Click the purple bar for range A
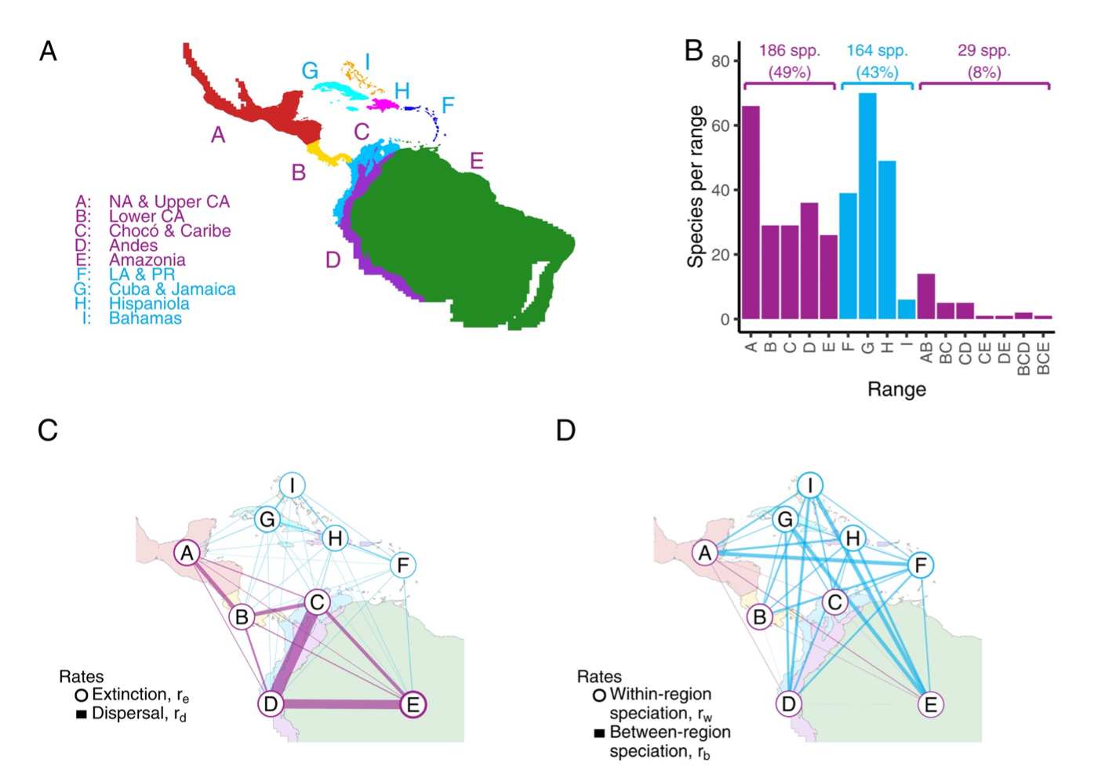coord(751,212)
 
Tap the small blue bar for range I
coord(906,310)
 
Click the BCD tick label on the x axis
coord(1023,358)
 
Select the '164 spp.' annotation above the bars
coord(877,51)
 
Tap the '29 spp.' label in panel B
coord(983,51)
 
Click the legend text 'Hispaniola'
coord(149,303)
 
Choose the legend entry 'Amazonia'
coord(147,260)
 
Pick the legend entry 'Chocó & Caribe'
coord(169,231)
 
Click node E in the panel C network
coord(413,704)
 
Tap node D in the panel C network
coord(271,703)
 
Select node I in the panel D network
coord(810,485)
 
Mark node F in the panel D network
coord(921,565)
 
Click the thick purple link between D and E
coord(341,704)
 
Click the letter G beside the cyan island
coord(310,71)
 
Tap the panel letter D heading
coord(565,430)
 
